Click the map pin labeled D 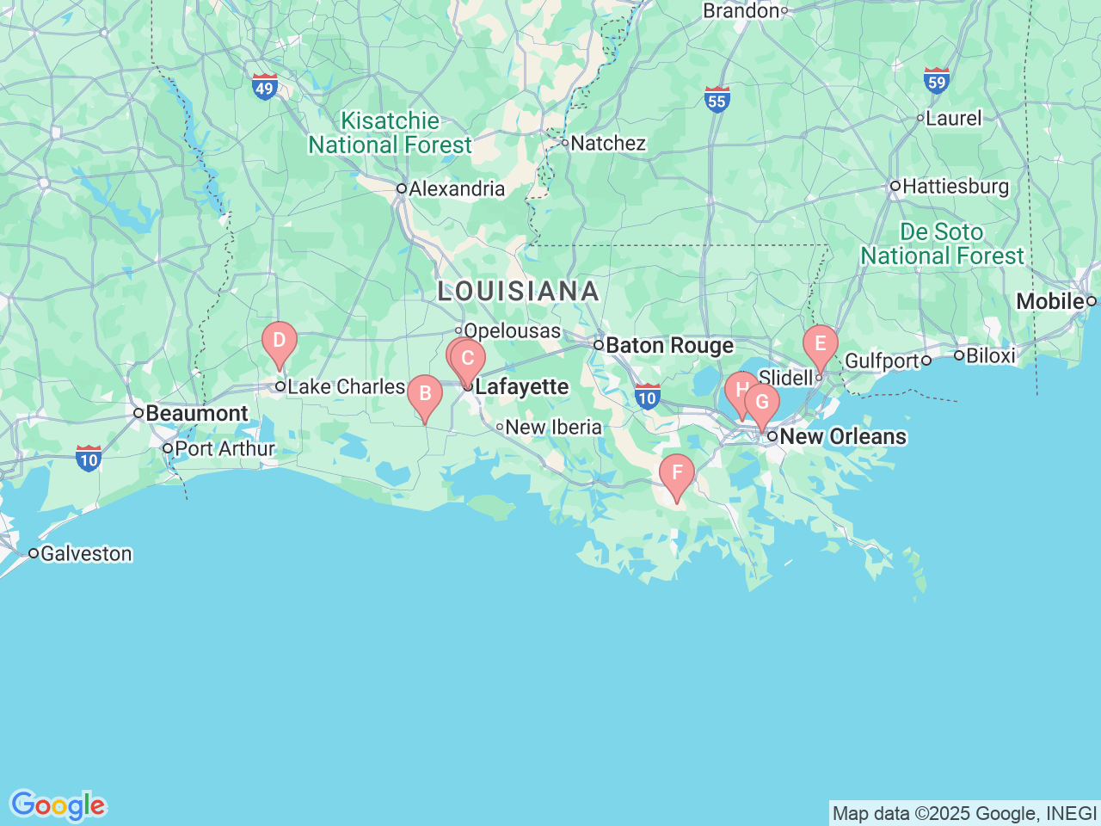click(x=279, y=341)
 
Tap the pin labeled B click(x=424, y=395)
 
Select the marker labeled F click(x=677, y=473)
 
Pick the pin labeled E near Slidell click(x=820, y=345)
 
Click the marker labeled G click(x=762, y=403)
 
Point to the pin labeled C click(x=469, y=359)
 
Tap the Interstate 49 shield click(x=264, y=87)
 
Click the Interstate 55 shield click(x=717, y=99)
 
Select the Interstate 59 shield click(x=937, y=81)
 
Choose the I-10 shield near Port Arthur click(x=89, y=458)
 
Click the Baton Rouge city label click(x=669, y=346)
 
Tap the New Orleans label click(x=842, y=437)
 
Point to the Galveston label click(x=86, y=553)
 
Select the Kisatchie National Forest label click(x=391, y=133)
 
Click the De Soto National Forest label click(x=942, y=244)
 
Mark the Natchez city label click(x=607, y=144)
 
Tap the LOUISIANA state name click(x=518, y=292)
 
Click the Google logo click(x=58, y=806)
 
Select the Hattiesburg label click(x=955, y=187)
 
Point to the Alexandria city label click(x=456, y=189)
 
